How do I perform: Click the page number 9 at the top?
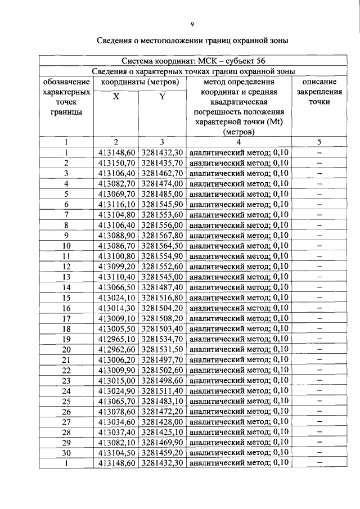coord(192,24)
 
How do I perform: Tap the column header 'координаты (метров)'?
coord(140,82)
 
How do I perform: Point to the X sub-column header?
coord(116,97)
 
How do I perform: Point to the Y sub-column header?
coord(162,97)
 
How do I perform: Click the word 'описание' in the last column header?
coord(319,82)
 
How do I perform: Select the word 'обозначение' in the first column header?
coord(66,82)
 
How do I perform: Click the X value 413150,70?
coord(117,163)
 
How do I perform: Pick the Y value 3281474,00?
coord(162,183)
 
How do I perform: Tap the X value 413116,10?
coord(117,204)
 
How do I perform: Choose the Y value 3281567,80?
coord(162,235)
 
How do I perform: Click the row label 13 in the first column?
coord(66,277)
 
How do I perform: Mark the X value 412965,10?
coord(117,339)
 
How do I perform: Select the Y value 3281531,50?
coord(162,349)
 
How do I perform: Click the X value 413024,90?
coord(117,390)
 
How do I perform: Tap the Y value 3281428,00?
coord(162,422)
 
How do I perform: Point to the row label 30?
coord(66,453)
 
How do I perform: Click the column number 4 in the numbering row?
coord(238,142)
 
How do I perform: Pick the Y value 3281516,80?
coord(162,298)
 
